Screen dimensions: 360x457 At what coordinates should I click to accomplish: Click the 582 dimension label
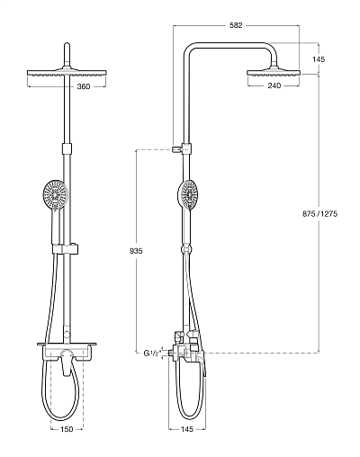click(x=236, y=25)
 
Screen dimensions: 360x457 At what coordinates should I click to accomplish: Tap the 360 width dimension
click(x=84, y=86)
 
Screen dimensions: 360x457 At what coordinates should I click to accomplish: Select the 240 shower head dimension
click(x=274, y=85)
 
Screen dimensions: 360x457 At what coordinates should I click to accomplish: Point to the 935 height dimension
click(x=136, y=251)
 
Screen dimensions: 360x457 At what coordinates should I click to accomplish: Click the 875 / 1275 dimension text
click(x=319, y=214)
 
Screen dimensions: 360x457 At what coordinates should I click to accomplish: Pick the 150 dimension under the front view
click(x=67, y=429)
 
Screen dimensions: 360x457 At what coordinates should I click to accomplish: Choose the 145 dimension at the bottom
click(x=187, y=429)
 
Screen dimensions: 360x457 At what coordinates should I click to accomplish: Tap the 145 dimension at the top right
click(x=319, y=59)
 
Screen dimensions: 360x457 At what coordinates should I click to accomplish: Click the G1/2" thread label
click(x=151, y=354)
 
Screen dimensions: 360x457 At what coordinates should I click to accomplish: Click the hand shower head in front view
click(x=55, y=194)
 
